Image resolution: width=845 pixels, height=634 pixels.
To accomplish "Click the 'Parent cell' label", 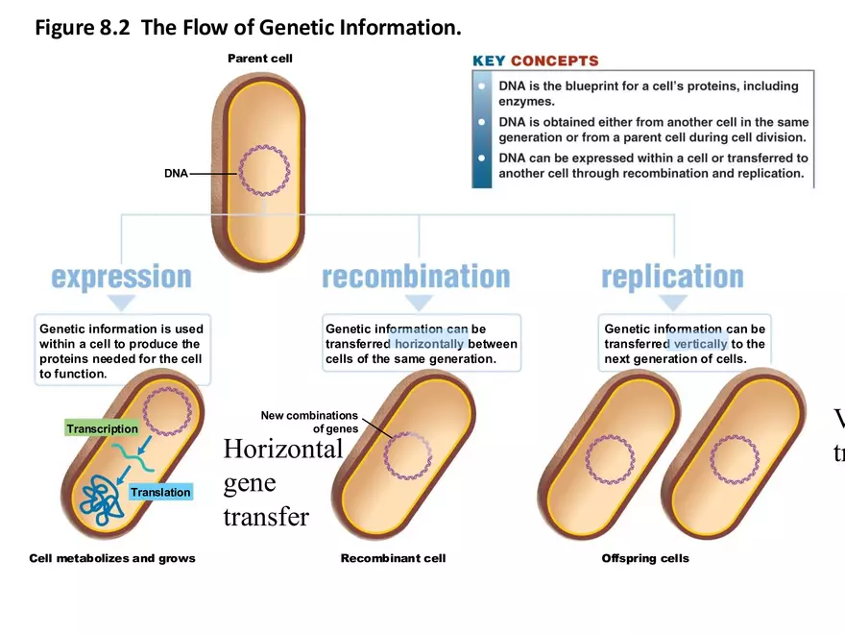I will [259, 59].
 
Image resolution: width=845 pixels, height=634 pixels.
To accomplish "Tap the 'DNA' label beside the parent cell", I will [176, 174].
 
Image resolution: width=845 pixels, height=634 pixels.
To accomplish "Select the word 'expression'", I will [121, 277].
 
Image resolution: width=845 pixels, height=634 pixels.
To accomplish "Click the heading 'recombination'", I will [416, 277].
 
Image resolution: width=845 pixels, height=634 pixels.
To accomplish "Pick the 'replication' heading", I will [672, 277].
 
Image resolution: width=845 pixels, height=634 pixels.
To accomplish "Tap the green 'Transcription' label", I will [102, 428].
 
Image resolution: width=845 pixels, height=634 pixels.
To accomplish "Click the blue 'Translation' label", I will [160, 492].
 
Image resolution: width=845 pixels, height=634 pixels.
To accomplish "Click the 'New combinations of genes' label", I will [309, 423].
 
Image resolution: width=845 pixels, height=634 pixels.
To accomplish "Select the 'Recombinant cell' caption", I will [393, 558].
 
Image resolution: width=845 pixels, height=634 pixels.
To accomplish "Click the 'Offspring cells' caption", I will [645, 558].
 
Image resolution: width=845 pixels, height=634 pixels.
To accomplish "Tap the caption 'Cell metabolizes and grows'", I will [112, 558].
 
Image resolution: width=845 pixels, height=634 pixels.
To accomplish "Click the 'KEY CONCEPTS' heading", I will [535, 61].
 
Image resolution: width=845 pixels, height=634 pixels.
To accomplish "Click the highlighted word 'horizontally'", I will [430, 344].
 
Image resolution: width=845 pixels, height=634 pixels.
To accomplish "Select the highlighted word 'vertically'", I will [701, 344].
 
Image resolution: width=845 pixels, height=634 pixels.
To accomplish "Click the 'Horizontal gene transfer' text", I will [281, 483].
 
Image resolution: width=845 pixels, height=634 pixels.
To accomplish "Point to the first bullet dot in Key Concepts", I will [482, 86].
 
